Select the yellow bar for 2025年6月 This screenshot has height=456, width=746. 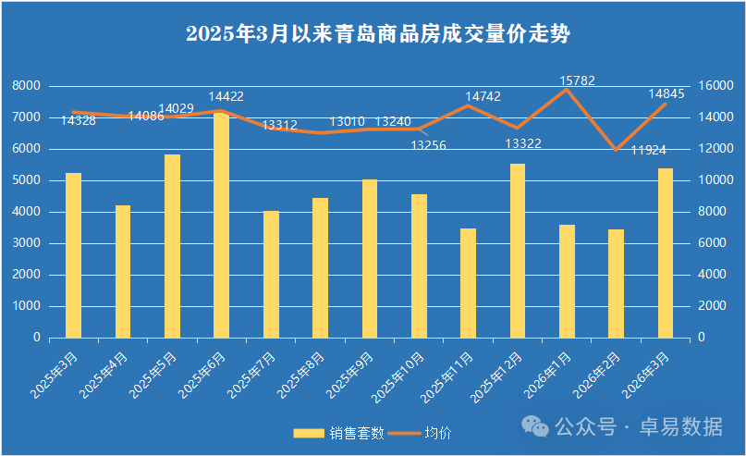tap(221, 225)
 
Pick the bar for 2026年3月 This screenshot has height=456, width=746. tap(665, 253)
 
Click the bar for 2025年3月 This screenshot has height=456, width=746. tap(73, 254)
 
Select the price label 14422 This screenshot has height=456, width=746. tap(226, 96)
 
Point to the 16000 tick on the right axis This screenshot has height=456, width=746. tap(715, 85)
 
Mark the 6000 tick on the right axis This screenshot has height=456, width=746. tap(712, 243)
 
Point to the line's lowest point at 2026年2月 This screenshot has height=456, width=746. tap(616, 150)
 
